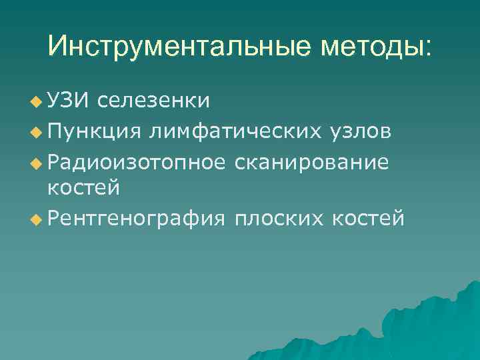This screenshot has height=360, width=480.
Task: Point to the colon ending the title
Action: (x=428, y=49)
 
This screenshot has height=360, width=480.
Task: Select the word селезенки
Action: (x=154, y=101)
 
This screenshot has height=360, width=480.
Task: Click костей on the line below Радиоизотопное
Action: (x=83, y=188)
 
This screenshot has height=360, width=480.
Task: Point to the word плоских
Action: (x=277, y=217)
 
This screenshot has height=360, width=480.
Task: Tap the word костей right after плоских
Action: (x=367, y=217)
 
